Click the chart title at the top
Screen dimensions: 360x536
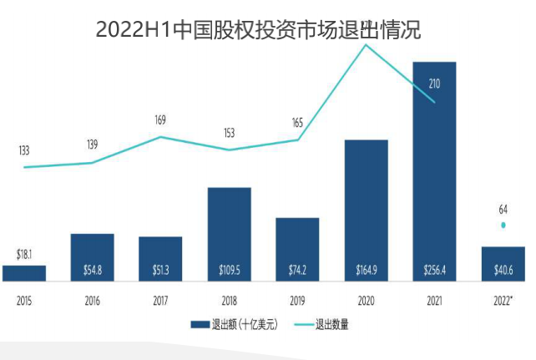(x=259, y=30)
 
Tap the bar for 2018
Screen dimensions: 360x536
(x=230, y=234)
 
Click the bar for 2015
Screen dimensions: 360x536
(x=24, y=272)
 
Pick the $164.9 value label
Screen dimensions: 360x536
(x=366, y=271)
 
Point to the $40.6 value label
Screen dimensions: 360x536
(x=503, y=271)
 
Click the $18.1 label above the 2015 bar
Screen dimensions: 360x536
(x=25, y=253)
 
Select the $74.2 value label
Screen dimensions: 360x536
(x=297, y=271)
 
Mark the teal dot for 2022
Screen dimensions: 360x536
(x=503, y=226)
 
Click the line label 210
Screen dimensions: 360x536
(x=434, y=84)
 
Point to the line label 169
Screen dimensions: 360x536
(x=160, y=120)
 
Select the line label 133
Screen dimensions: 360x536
(x=24, y=150)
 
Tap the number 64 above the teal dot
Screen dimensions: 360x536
(x=503, y=209)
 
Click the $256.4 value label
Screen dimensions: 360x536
(x=434, y=271)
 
